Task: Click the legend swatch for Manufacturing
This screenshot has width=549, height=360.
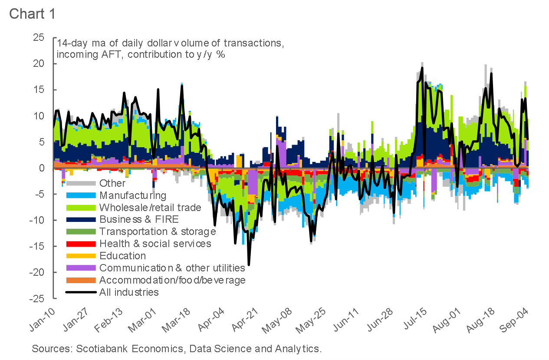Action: pos(80,195)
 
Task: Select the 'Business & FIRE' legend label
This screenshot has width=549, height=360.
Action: pos(139,219)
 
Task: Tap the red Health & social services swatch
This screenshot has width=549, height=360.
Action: pos(80,244)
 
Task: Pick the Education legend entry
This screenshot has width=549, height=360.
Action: pos(122,256)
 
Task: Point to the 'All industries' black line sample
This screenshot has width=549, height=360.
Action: pos(80,292)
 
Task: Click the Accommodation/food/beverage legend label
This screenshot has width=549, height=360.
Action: pos(172,280)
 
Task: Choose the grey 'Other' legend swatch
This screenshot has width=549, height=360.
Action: pos(80,183)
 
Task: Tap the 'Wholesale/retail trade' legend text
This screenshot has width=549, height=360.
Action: pos(150,207)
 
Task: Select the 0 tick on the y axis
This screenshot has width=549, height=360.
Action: pos(42,168)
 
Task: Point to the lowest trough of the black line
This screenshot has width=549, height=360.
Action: pos(249,264)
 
